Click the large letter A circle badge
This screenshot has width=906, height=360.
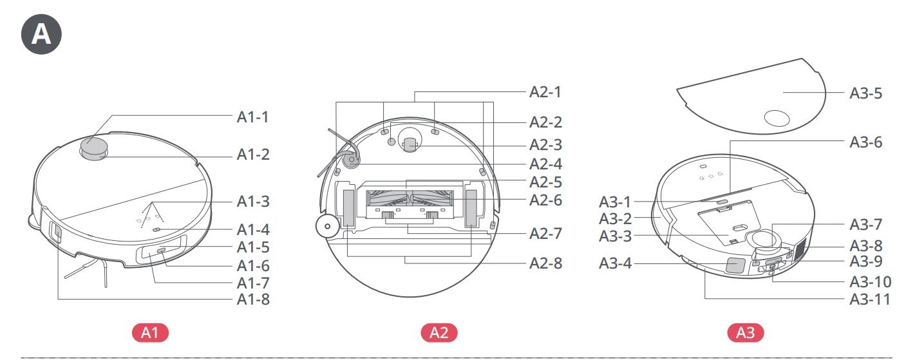point(41,33)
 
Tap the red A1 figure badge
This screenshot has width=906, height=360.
point(149,333)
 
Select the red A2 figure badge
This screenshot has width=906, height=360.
point(439,333)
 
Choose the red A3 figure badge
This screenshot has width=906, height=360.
point(745,333)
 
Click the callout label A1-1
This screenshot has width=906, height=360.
point(253,117)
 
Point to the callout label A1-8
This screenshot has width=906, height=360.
point(253,299)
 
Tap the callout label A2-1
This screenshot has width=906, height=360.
point(545,92)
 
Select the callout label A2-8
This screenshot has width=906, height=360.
point(545,263)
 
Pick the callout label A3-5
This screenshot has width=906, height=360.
point(865,93)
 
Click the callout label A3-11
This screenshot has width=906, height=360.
point(869,299)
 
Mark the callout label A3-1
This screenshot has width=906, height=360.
point(615,202)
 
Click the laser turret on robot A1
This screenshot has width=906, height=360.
point(93,149)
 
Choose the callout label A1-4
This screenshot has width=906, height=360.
point(253,229)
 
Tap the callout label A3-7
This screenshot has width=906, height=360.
point(865,225)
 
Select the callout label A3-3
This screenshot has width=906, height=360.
point(615,236)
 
